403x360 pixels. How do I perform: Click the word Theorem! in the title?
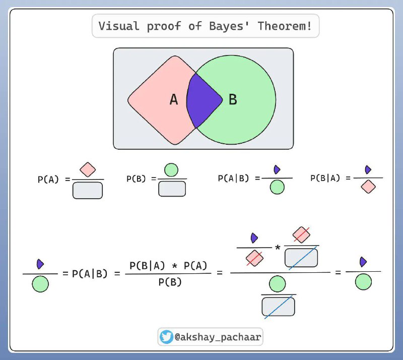[x=285, y=26]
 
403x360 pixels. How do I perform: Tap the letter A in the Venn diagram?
[x=174, y=99]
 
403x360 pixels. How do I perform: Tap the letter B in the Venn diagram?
[x=233, y=99]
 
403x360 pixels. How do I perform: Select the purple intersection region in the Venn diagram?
[x=203, y=100]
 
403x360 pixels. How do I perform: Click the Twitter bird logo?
[x=166, y=337]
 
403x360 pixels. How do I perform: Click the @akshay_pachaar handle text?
[x=218, y=337]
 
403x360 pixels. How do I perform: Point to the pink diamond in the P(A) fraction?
[x=88, y=169]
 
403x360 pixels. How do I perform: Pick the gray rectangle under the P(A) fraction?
[x=88, y=191]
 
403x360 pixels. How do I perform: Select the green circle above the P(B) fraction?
[x=171, y=170]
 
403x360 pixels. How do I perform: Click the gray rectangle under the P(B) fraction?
[x=172, y=189]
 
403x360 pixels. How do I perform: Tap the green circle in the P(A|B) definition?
[x=277, y=187]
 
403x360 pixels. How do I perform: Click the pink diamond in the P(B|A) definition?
[x=368, y=187]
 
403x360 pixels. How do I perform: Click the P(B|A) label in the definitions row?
[x=325, y=178]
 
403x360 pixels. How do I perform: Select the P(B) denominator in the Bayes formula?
[x=170, y=282]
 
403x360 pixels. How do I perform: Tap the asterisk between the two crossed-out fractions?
[x=278, y=248]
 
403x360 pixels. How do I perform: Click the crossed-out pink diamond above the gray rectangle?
[x=301, y=234]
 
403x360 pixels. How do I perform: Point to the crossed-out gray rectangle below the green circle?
[x=279, y=307]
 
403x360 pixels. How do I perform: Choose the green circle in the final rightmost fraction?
[x=363, y=282]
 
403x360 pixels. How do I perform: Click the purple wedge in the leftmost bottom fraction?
[x=40, y=264]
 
